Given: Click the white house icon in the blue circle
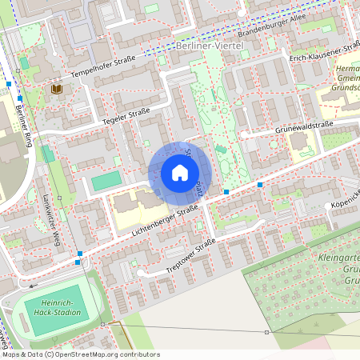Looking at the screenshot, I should [x=179, y=173].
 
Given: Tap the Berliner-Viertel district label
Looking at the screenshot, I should [x=208, y=49].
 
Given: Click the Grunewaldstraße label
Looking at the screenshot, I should [x=304, y=126].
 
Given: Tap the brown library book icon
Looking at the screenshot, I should [x=56, y=90].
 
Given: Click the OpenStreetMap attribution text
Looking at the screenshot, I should [x=80, y=354].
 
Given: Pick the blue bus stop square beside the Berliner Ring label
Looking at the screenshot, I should [x=19, y=98].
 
